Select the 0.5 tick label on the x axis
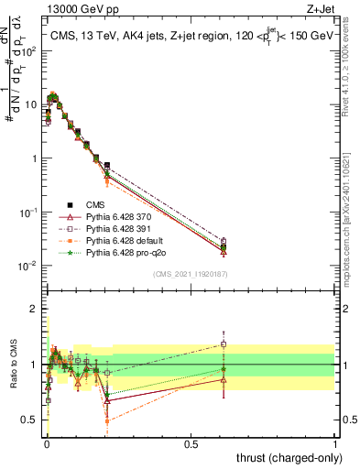(x=191, y=442)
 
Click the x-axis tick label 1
(x=335, y=442)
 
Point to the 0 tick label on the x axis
(x=47, y=442)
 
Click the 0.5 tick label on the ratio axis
(x=30, y=420)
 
